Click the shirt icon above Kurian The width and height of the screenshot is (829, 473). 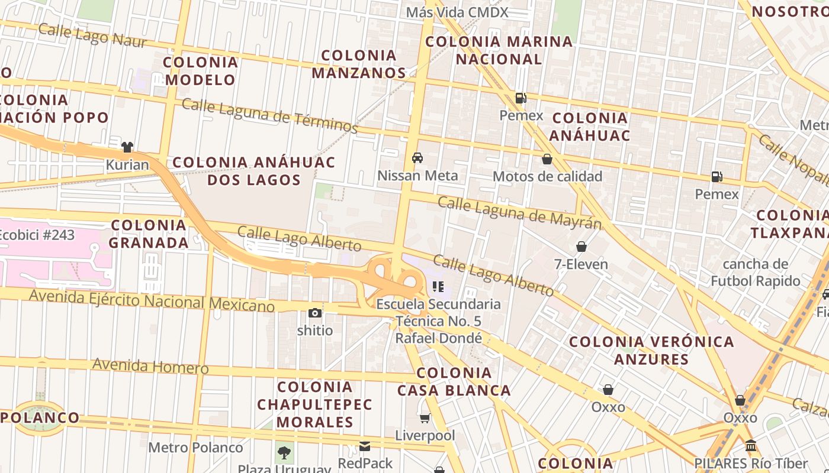pos(127,147)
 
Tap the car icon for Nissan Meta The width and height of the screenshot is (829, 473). pos(417,158)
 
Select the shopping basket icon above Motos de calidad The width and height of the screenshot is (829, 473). pos(547,159)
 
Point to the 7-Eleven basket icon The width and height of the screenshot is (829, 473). pos(581,247)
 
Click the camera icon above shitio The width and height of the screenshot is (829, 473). pos(315,313)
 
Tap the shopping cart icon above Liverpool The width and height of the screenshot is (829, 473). pos(425,419)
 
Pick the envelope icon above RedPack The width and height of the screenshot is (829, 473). pos(365,446)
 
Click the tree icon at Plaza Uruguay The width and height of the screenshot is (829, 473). pos(284,453)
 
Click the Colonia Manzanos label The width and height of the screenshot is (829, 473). pos(359,64)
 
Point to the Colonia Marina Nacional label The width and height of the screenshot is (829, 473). pos(499,50)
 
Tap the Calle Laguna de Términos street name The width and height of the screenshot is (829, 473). pos(270,115)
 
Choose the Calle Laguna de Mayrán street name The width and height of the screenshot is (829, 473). pos(519,212)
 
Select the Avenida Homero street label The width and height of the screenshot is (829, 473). pos(150,366)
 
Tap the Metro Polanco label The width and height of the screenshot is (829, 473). pos(195,448)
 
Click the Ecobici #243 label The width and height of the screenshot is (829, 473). pos(37,235)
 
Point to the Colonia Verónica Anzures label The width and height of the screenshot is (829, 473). pos(651,350)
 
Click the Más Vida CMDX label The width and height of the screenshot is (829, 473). pos(457,12)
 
